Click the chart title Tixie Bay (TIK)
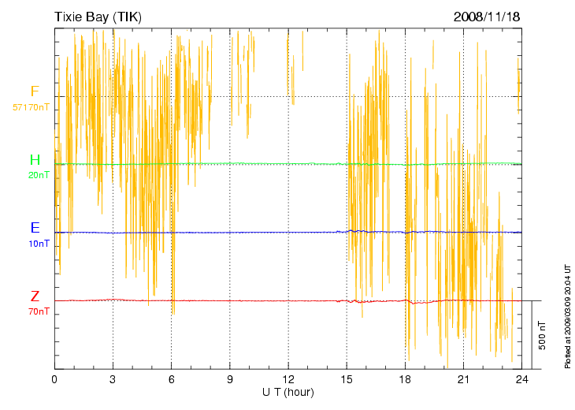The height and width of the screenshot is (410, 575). coord(98,16)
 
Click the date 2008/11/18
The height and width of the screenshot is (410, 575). coord(486,16)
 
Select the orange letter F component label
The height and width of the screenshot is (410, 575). coord(35,91)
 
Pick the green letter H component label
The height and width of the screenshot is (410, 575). coord(35,160)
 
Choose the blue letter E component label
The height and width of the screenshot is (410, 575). coord(35,228)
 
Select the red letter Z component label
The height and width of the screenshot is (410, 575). coord(35,296)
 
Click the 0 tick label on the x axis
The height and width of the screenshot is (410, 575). coord(54,379)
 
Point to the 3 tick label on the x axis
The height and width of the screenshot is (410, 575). coord(113,379)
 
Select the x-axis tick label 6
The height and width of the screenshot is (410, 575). coord(171,379)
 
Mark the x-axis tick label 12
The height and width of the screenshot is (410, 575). coord(288,379)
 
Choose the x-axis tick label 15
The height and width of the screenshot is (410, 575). coord(347,379)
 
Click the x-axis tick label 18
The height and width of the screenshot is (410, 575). coord(405,379)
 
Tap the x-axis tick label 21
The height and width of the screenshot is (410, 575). coord(463,379)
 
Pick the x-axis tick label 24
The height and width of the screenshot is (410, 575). coord(521,379)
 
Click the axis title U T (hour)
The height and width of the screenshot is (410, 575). coord(288,392)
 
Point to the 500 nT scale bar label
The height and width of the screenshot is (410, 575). coord(543,335)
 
